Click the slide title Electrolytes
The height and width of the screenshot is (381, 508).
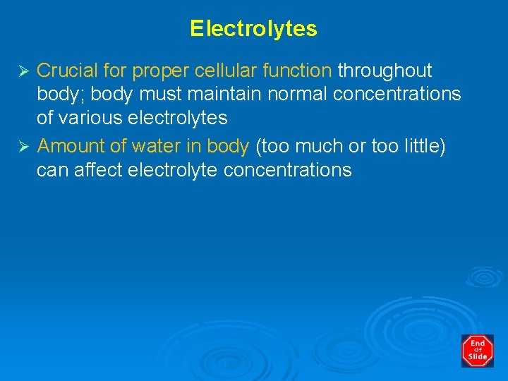pos(253,29)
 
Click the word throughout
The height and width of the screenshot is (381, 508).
pos(385,71)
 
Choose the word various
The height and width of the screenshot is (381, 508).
pos(92,118)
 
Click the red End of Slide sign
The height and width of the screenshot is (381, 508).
pos(478,351)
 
